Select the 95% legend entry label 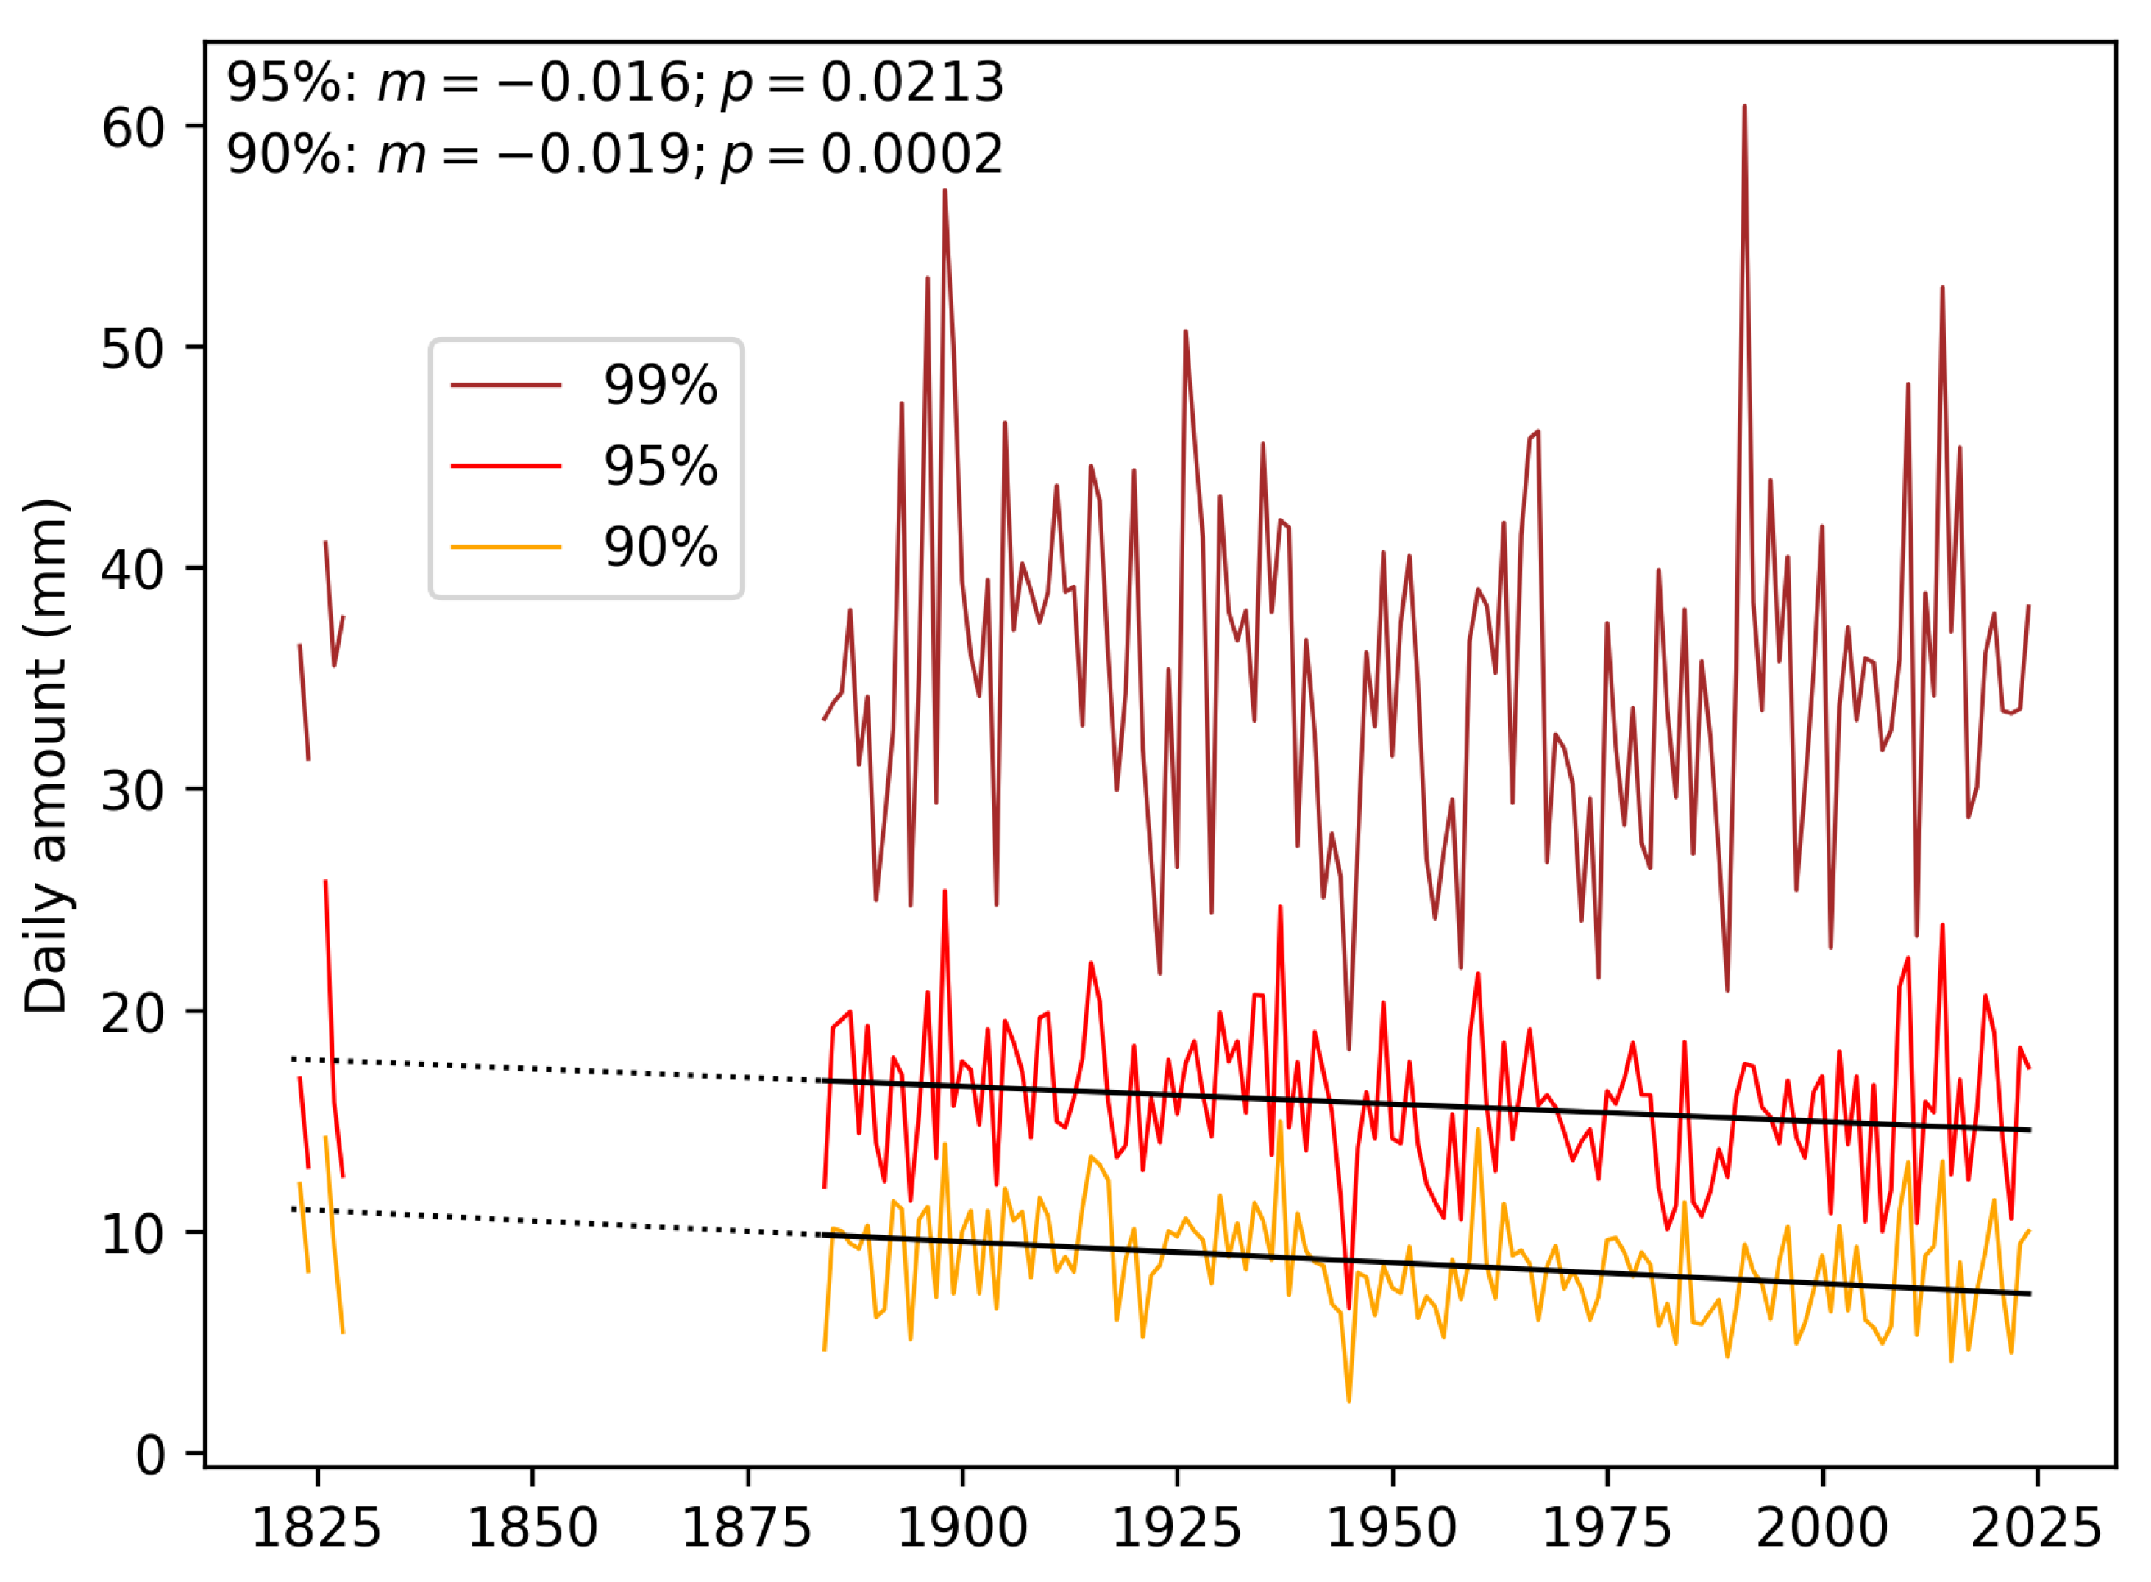[660, 467]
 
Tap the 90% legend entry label [660, 547]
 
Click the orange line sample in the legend [505, 547]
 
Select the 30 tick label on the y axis [133, 791]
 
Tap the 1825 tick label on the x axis [316, 1528]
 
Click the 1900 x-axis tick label [962, 1528]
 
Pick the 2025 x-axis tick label [2036, 1528]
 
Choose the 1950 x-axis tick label [1392, 1528]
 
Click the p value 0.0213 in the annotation [912, 82]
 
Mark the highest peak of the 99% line [1744, 107]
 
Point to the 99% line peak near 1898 [945, 191]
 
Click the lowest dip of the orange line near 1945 [1349, 1401]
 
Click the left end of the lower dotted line [293, 1208]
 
